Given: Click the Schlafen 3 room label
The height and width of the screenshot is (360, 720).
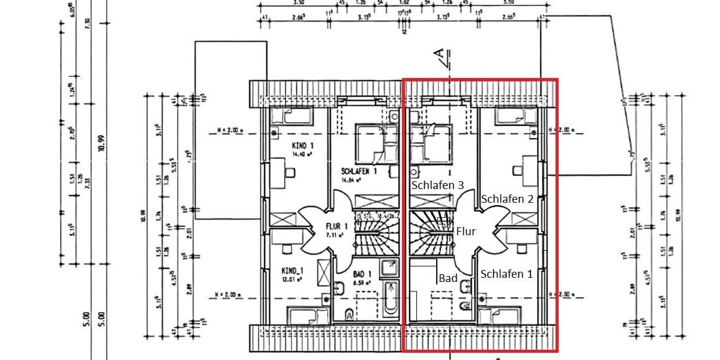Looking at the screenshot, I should click(x=437, y=186).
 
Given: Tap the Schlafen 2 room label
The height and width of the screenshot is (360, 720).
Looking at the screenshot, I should click(x=507, y=199).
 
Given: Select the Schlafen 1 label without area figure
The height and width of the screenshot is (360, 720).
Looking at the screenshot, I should click(x=506, y=274).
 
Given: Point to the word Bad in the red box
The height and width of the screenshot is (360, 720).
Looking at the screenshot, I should click(x=448, y=278).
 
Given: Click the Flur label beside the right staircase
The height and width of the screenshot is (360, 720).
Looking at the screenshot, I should click(x=466, y=230).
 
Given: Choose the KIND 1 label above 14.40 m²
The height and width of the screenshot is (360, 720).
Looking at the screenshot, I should click(x=299, y=146).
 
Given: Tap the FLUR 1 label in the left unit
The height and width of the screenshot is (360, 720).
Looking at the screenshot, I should click(x=337, y=226).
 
